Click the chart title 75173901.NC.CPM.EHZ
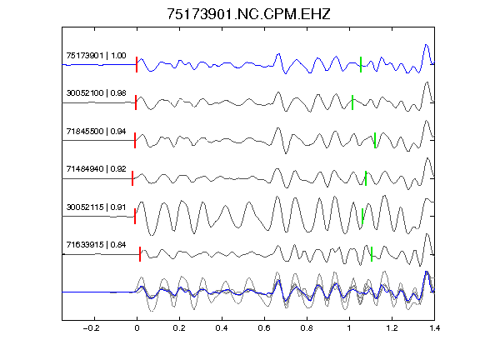(248, 14)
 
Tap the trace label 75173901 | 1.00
(96, 55)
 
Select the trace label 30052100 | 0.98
(96, 93)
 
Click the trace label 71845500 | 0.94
(96, 132)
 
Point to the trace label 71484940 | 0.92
(96, 169)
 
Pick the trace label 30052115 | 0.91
(96, 207)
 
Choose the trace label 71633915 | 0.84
(96, 245)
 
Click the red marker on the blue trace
(137, 65)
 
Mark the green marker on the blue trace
(361, 65)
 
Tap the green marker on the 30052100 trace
(352, 102)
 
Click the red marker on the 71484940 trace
(132, 178)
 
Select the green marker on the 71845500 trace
(375, 140)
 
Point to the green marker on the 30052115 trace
(362, 216)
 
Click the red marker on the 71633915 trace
(140, 254)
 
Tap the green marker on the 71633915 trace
(372, 254)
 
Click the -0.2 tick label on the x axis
(91, 328)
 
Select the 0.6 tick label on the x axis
(264, 328)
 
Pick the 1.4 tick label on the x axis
(434, 328)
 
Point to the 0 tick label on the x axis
(137, 328)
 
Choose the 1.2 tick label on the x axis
(392, 328)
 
